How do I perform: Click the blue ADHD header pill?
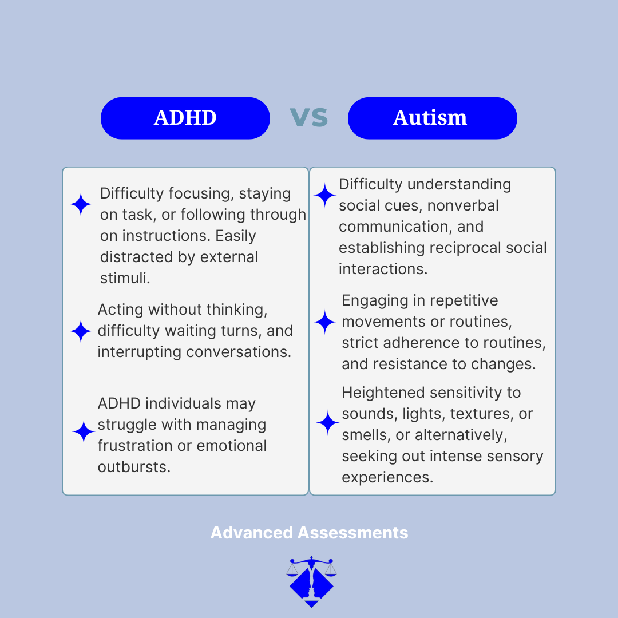185,118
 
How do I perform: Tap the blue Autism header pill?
432,118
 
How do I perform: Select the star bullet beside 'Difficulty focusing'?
81,204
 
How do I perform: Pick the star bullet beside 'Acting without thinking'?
81,331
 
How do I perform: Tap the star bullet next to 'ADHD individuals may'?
84,432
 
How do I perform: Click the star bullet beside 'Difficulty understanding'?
325,195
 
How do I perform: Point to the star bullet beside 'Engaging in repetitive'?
325,322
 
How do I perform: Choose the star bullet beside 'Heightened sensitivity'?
328,423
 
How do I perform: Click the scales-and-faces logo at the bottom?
311,581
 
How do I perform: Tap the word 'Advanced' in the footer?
251,533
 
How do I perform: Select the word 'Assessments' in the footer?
352,533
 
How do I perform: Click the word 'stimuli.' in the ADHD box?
125,278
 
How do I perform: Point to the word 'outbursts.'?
134,467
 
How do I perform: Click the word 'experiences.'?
387,477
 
